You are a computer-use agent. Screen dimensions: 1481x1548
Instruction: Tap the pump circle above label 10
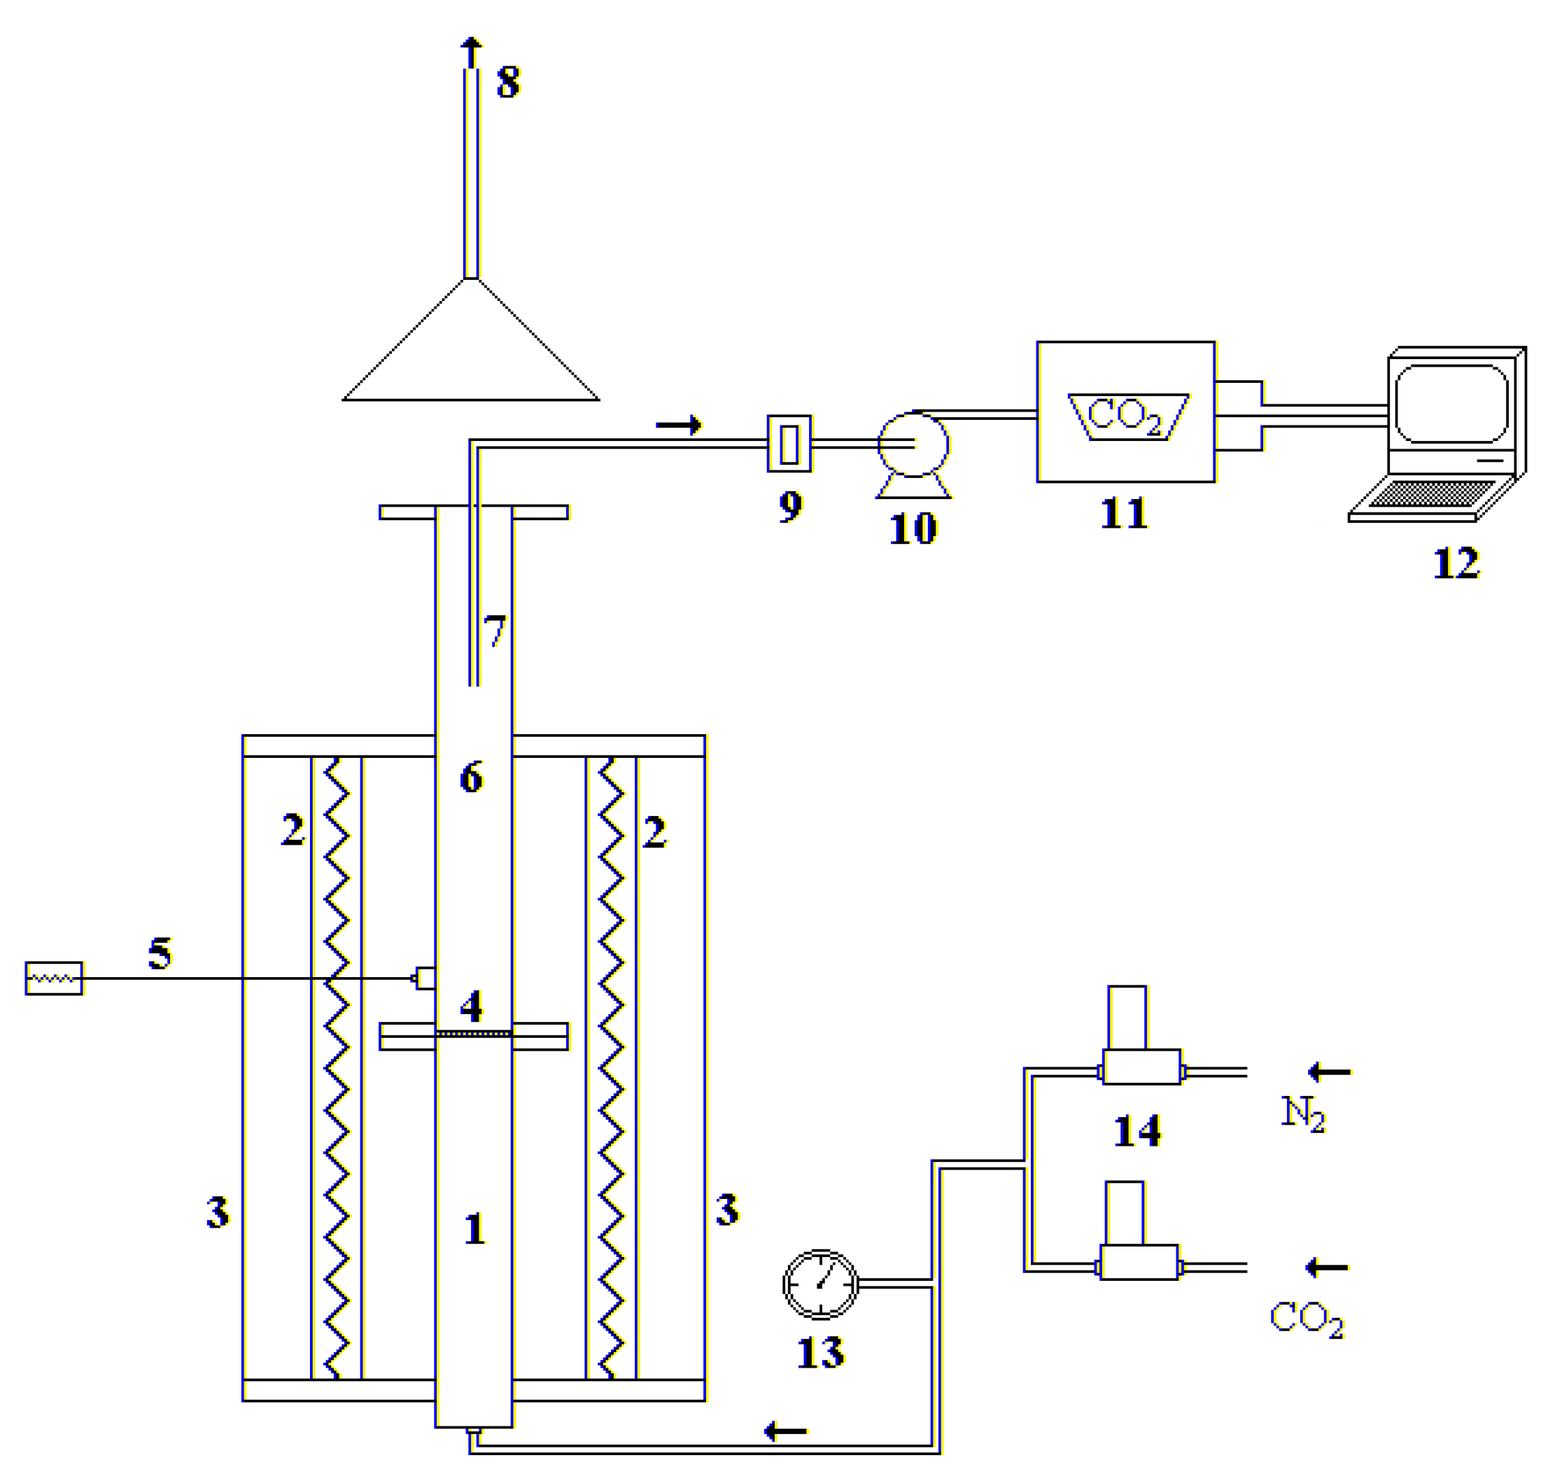coord(913,445)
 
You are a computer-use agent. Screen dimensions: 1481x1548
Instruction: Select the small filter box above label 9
coord(789,444)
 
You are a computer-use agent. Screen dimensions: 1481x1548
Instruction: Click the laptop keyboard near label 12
coord(1430,493)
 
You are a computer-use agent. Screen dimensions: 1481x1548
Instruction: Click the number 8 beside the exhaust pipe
coord(507,82)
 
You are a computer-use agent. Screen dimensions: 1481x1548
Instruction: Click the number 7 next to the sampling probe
coord(495,631)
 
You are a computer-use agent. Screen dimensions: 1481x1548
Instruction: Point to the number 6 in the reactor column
coord(471,778)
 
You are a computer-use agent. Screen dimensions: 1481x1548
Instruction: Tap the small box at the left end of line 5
coord(54,978)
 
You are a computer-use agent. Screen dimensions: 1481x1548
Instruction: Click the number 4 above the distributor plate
coord(471,1006)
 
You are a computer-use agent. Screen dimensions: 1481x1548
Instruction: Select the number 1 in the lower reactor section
coord(474,1229)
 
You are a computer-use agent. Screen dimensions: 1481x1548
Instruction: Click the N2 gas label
coord(1302,1114)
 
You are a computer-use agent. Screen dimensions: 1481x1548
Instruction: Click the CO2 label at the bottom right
coord(1306,1319)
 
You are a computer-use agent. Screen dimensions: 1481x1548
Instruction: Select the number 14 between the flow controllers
coord(1137,1131)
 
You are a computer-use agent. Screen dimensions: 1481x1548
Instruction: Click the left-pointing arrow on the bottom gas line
coord(785,1431)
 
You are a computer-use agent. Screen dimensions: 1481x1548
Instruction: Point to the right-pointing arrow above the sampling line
coord(678,426)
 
